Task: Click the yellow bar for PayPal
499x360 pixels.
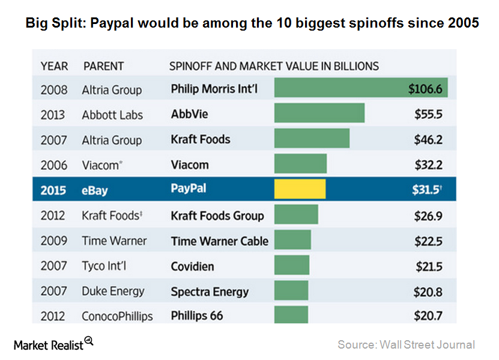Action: [x=300, y=189]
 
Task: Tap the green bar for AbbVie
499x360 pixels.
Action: [x=319, y=114]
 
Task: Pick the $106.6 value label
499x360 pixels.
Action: [x=425, y=89]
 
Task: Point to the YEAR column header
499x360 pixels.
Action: [x=54, y=65]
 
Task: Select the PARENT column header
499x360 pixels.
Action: [x=103, y=65]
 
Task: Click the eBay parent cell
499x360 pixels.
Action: [x=94, y=190]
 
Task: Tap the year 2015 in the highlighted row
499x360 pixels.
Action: [x=53, y=190]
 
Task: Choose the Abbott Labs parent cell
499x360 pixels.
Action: [x=112, y=115]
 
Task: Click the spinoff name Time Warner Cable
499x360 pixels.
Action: [x=219, y=241]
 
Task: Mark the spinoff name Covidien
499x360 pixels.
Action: [x=192, y=266]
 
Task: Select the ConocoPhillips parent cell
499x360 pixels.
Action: [x=117, y=316]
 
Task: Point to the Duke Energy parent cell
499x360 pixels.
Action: [x=113, y=291]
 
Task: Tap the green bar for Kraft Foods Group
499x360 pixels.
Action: [x=296, y=215]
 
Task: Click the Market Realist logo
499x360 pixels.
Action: [x=53, y=344]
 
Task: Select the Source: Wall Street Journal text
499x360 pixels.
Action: [x=406, y=344]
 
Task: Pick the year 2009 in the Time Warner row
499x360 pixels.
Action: [x=53, y=241]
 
